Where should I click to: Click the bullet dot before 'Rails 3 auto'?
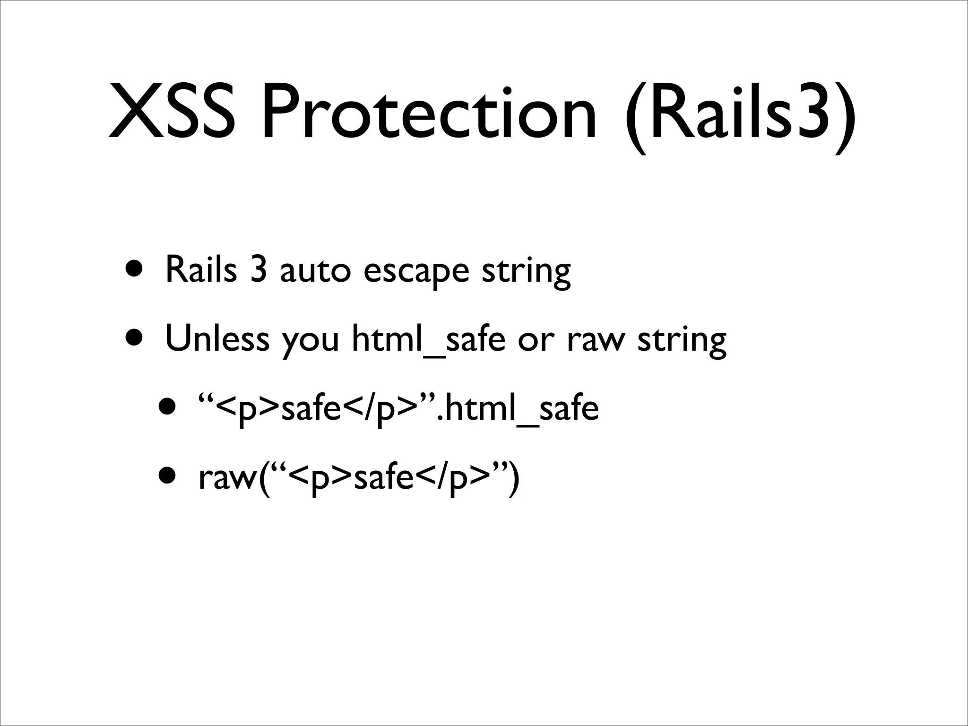click(136, 269)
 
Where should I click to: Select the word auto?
click(315, 271)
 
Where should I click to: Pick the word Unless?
click(217, 339)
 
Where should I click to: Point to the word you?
click(311, 341)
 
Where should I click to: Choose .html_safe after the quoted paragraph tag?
click(519, 408)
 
